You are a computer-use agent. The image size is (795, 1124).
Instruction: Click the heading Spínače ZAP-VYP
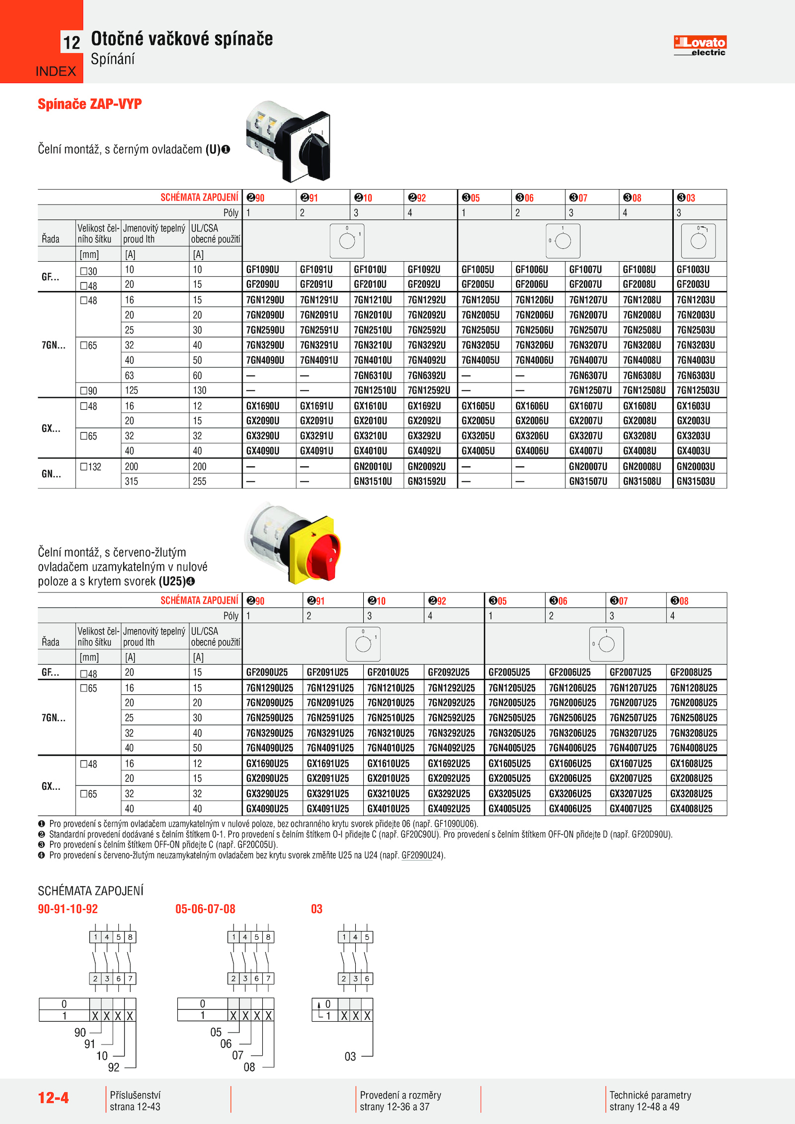click(x=90, y=104)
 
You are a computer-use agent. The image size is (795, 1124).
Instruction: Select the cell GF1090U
click(x=262, y=270)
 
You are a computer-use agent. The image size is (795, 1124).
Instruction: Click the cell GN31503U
click(x=696, y=481)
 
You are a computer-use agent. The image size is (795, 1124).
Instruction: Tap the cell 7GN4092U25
click(x=451, y=748)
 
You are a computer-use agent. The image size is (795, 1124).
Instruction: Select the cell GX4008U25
click(x=691, y=809)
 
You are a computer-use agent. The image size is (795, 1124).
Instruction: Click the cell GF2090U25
click(x=267, y=673)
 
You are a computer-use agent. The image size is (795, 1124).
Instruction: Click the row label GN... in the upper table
click(x=51, y=474)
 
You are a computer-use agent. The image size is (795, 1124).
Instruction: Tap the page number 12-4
click(x=54, y=1098)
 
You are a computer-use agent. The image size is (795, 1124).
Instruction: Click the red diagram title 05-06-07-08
click(x=205, y=909)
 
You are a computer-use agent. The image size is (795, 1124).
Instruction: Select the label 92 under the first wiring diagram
click(x=114, y=1067)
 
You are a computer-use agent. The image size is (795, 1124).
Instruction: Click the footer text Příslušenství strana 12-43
click(x=135, y=1101)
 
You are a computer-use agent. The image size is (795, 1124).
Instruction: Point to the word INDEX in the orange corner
click(x=56, y=72)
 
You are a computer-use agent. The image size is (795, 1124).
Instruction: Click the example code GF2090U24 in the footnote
click(x=422, y=855)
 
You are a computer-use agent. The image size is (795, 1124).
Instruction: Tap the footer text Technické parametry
click(x=650, y=1095)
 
